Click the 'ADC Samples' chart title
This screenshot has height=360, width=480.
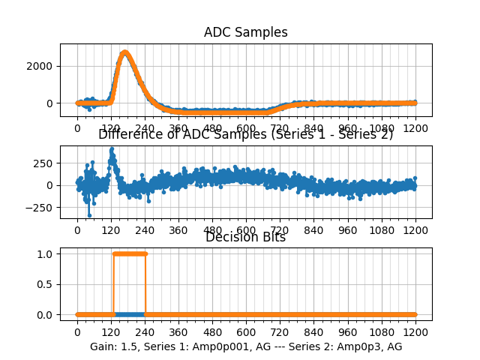246,32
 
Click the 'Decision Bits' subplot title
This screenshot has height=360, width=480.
246,238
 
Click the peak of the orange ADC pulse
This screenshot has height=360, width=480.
124,52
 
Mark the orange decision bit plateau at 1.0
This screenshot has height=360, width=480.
129,253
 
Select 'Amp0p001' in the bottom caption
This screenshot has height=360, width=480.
205,346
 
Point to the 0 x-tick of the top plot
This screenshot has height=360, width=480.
77,127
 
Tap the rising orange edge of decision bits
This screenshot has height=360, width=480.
113,284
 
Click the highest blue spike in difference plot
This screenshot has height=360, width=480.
112,148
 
